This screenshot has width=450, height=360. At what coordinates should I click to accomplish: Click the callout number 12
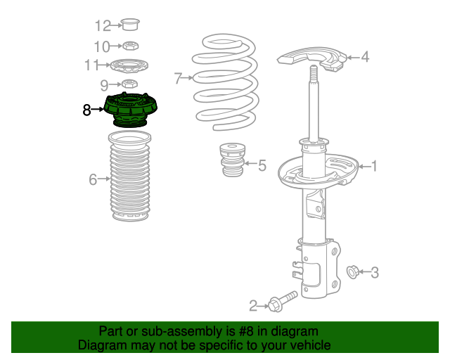point(103,26)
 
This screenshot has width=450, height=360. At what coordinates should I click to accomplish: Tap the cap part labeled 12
point(130,25)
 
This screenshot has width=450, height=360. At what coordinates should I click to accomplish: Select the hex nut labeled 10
point(131,46)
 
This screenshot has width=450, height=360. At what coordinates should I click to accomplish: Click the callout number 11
point(91,65)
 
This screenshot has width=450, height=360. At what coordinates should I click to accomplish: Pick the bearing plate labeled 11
point(129,66)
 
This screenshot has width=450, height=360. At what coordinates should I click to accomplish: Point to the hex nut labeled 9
point(129,84)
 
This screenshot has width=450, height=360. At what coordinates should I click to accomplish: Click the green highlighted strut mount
point(131,110)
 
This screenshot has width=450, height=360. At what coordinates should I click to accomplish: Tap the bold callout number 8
point(86,110)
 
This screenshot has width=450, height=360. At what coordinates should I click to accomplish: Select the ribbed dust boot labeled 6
point(130,176)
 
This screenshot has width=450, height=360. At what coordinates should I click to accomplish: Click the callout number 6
point(93,179)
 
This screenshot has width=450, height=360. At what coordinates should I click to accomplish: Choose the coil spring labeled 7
point(226,82)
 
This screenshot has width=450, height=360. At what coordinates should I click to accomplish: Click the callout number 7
point(178,78)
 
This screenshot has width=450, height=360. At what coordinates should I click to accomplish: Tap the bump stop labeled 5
point(233,160)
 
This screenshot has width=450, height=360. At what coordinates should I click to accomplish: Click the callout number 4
point(365,57)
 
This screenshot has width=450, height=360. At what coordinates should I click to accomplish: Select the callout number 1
point(373,166)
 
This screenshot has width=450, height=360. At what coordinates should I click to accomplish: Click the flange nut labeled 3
point(352,272)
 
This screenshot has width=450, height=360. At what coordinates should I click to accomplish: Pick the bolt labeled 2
point(283,302)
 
